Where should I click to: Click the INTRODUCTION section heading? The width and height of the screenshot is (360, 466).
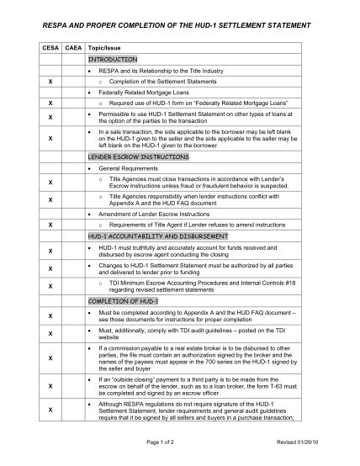coord(112,61)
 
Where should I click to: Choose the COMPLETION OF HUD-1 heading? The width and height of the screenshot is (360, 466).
coord(117,300)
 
